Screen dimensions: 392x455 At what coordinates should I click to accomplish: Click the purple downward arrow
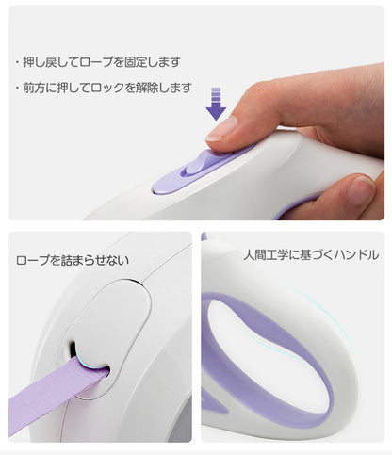point(216,104)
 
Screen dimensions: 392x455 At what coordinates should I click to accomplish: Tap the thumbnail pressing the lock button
point(223,128)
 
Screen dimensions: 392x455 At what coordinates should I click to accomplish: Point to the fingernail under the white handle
point(360,190)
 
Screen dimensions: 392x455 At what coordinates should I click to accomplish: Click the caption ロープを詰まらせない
point(73,260)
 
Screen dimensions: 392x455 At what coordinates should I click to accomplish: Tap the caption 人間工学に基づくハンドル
point(311,254)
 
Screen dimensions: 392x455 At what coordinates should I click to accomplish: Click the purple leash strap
point(54,392)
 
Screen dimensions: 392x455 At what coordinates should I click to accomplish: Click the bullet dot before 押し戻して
point(17,62)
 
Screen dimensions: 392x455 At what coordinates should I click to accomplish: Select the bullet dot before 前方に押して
point(17,88)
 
